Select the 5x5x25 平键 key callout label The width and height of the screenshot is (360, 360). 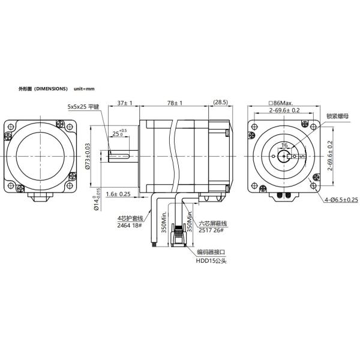point(83,107)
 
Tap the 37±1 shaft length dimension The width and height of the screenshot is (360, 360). point(125,103)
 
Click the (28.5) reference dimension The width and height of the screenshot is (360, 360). point(220,103)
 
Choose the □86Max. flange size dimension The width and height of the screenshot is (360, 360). point(284,103)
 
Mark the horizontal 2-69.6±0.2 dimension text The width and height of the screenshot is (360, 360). point(284,110)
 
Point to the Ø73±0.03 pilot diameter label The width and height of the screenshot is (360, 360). point(88,157)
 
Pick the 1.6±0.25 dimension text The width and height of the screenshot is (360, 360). point(118,194)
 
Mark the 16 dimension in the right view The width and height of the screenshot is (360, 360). point(284,146)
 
